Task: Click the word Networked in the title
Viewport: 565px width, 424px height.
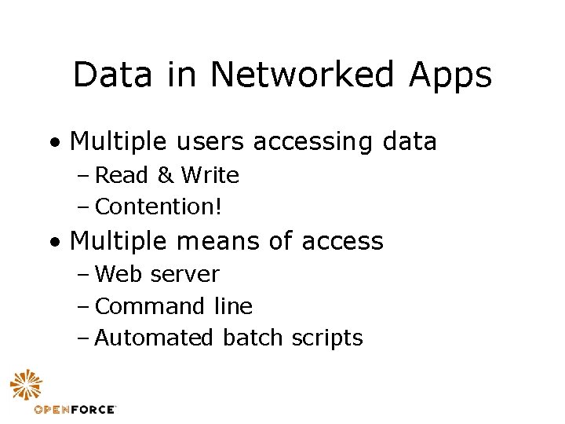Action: pyautogui.click(x=303, y=75)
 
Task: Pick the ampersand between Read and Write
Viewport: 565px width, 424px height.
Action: pyautogui.click(x=165, y=175)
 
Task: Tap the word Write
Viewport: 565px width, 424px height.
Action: pyautogui.click(x=210, y=175)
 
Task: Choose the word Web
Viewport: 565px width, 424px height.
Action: pyautogui.click(x=118, y=274)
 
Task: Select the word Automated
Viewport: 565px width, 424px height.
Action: pyautogui.click(x=154, y=338)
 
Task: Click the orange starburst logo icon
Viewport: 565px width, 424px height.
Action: pyautogui.click(x=27, y=386)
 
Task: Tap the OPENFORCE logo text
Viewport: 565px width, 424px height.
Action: pyautogui.click(x=75, y=409)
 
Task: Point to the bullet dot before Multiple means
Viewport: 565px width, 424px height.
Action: pyautogui.click(x=52, y=242)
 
